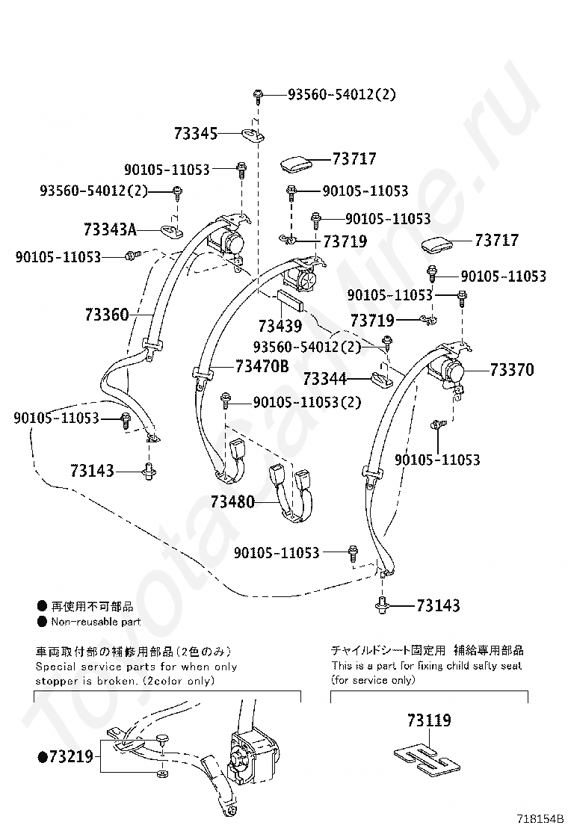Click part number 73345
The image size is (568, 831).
(195, 134)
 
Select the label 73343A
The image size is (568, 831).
(111, 229)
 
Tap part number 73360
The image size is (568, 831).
(106, 315)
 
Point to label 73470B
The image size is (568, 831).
(262, 366)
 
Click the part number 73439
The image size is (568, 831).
(280, 326)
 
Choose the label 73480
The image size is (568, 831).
(232, 501)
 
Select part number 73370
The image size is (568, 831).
(512, 369)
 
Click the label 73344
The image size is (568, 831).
(325, 380)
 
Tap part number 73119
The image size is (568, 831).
(429, 720)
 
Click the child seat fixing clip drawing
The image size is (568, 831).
(424, 756)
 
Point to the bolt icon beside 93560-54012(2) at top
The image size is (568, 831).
(257, 94)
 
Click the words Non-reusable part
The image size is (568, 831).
(95, 622)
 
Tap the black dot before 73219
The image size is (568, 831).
(42, 757)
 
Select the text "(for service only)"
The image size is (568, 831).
(372, 680)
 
